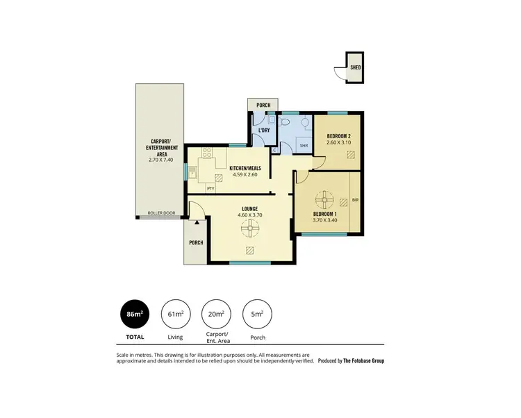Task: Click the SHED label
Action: coord(355,68)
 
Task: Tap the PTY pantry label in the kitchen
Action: coord(210,188)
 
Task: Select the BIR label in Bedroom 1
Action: coord(355,200)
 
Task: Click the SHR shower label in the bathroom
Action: coord(303,145)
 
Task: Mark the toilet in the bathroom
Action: coord(286,122)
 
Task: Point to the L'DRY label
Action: coord(264,131)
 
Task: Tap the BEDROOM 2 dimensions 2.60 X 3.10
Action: coord(338,143)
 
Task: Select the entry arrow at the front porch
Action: coord(197,222)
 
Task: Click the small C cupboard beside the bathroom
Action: coord(274,149)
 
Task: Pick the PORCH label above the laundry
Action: coord(263,106)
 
